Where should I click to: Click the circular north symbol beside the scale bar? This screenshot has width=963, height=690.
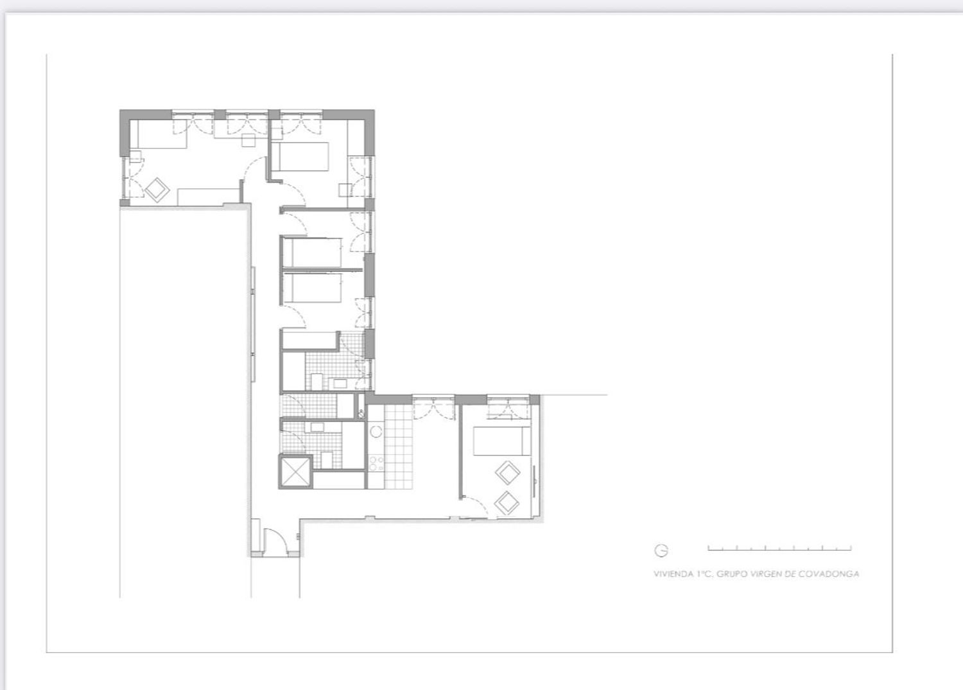(x=661, y=550)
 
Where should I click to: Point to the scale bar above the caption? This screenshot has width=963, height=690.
(x=779, y=548)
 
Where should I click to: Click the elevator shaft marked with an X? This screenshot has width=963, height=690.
(x=295, y=472)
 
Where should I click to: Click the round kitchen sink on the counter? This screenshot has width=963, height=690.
(x=376, y=432)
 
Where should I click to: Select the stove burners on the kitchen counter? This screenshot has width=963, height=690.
(x=376, y=463)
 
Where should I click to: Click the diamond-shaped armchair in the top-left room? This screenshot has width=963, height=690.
(x=157, y=190)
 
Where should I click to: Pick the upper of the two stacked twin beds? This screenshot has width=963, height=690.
(x=312, y=252)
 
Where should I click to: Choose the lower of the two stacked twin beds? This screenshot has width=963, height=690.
(x=312, y=287)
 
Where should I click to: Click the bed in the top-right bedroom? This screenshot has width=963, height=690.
(x=300, y=157)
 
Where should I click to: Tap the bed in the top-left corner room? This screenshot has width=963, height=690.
(x=159, y=134)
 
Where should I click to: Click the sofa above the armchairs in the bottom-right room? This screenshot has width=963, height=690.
(x=501, y=441)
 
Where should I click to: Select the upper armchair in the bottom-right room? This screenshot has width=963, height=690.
(x=507, y=473)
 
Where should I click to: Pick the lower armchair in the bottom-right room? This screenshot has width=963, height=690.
(x=507, y=503)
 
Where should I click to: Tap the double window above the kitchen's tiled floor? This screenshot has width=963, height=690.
(x=434, y=407)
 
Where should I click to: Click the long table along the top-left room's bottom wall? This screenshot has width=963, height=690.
(x=209, y=197)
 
